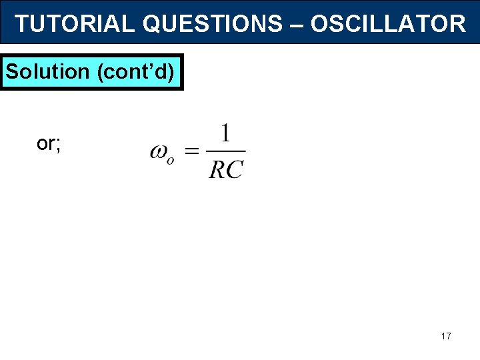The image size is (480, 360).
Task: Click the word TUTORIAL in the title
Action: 75,24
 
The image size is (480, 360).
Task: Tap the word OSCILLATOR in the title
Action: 388,24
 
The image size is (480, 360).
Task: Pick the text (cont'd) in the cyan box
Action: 137,72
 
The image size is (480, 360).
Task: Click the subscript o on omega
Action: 171,160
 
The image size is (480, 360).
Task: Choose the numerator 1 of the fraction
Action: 225,135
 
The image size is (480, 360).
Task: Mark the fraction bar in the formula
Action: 226,151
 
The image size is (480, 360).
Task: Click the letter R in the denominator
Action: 217,169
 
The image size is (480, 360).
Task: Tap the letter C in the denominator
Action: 235,169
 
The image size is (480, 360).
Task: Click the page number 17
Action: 446,336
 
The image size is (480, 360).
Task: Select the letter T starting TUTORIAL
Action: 21,24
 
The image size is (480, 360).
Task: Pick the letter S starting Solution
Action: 11,71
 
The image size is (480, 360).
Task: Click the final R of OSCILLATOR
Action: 457,24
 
